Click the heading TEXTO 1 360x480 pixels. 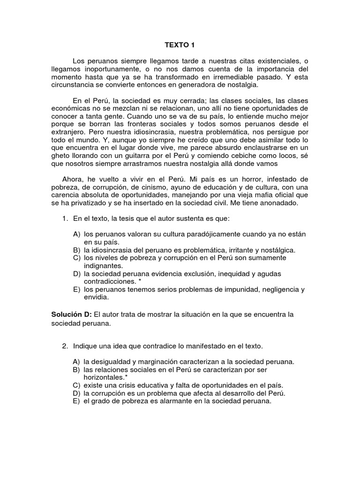(x=179, y=45)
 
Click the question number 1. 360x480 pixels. (x=66, y=218)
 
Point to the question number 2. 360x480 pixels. (x=66, y=346)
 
